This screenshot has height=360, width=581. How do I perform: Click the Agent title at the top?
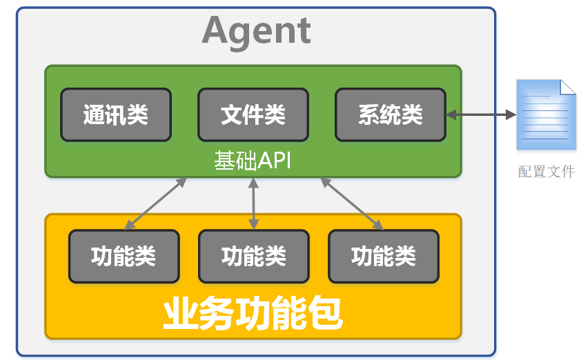(257, 31)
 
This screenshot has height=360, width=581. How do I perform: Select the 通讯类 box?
(116, 114)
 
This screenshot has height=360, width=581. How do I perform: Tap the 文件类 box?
(253, 114)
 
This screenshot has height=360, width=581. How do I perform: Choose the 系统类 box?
(390, 114)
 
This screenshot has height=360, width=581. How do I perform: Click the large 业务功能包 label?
(253, 314)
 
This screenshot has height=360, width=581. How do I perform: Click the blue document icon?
(546, 115)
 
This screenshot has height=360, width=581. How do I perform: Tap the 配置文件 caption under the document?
(546, 172)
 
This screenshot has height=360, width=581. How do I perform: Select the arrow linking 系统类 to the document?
(481, 114)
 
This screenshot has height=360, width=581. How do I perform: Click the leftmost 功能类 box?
(124, 257)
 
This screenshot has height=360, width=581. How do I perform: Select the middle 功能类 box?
(253, 257)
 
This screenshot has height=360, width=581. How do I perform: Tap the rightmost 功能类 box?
(383, 257)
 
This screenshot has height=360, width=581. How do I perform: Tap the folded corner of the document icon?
(567, 88)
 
